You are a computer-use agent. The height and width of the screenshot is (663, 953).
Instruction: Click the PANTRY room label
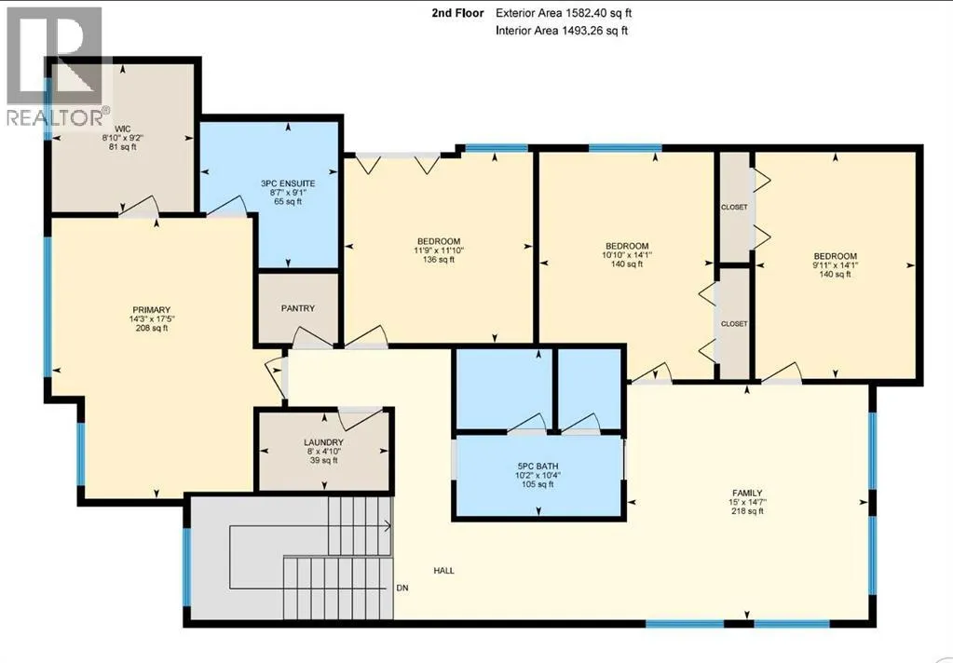[x=298, y=308]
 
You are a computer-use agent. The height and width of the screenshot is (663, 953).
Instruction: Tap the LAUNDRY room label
[x=324, y=442]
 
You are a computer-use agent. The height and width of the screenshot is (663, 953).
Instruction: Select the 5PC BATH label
[x=538, y=467]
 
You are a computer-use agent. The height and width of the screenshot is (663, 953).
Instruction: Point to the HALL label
[x=443, y=571]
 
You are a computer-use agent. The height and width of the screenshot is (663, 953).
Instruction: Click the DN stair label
[x=402, y=588]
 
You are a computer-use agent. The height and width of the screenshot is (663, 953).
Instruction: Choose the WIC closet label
[x=122, y=129]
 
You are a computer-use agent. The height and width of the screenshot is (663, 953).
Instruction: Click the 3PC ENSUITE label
[x=288, y=183]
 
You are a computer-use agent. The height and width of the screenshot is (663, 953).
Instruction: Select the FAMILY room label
[x=747, y=493]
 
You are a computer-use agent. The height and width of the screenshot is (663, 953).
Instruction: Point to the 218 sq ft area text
[x=747, y=511]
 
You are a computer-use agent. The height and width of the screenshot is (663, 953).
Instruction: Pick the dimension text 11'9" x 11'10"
[x=438, y=250]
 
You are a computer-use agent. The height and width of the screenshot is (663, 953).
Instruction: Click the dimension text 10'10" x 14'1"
[x=627, y=255]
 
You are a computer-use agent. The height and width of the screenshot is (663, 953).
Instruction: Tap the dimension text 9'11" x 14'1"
[x=835, y=265]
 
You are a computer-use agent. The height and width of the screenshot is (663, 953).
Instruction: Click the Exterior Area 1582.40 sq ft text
[x=560, y=13]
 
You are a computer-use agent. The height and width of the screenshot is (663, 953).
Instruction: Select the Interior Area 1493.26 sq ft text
[x=562, y=31]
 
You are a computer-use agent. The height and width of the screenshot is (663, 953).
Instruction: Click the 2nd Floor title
[x=457, y=13]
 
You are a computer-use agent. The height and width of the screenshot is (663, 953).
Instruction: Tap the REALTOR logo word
[x=55, y=116]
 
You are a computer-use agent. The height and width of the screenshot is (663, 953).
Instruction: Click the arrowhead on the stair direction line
[x=388, y=526]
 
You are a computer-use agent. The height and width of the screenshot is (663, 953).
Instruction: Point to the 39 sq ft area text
[x=323, y=461]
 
